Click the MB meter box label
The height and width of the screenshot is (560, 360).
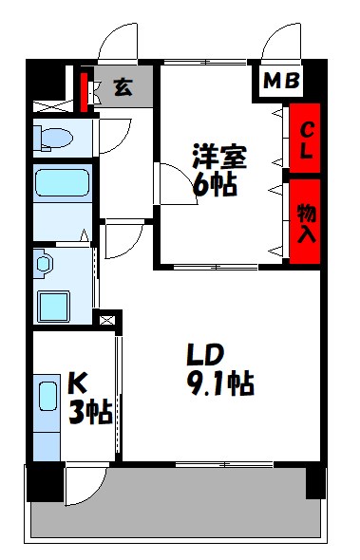click(281, 82)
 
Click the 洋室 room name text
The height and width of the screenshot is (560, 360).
click(219, 155)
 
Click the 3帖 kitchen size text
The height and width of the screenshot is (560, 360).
click(89, 412)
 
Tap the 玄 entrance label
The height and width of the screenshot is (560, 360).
click(123, 87)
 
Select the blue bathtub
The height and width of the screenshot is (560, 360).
click(62, 184)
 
